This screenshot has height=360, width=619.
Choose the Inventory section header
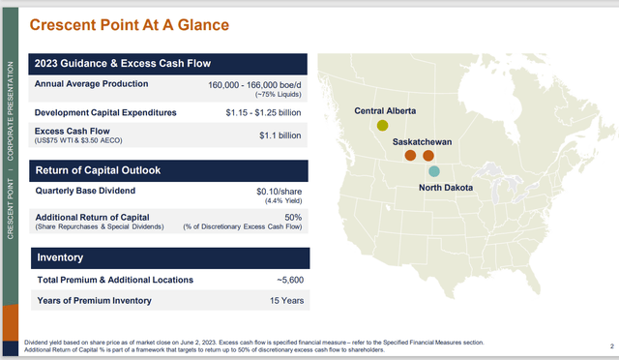point(61,257)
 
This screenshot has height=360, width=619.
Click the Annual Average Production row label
point(92,84)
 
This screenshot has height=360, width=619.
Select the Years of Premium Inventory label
point(94,301)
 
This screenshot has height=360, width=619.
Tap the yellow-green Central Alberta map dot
point(383,125)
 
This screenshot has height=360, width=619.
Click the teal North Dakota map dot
point(433,170)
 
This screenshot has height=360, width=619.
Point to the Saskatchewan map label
point(422,141)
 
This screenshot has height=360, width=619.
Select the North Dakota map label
point(446,188)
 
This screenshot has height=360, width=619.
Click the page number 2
point(613,345)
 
